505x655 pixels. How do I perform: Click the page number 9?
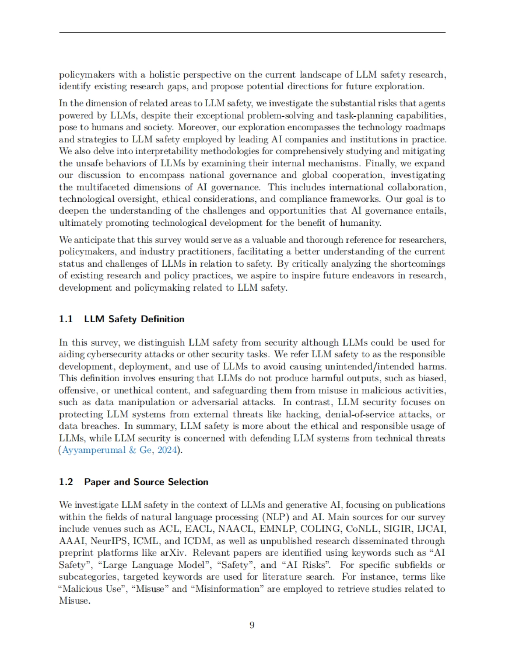point(252,625)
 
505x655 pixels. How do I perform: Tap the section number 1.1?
point(66,319)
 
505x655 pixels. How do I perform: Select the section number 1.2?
point(66,482)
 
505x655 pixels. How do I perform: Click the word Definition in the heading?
point(162,319)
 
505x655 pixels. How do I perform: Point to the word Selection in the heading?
point(188,482)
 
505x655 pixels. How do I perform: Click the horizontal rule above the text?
point(252,32)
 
